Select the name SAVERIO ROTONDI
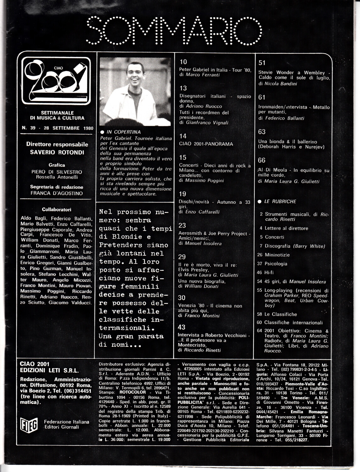coord(57,152)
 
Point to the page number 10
coord(183,62)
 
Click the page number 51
coord(262,63)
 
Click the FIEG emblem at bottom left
coord(29,424)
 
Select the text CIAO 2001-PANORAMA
coord(206,144)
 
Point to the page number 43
coord(181,327)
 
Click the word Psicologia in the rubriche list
coord(276,264)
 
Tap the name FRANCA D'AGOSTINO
coord(57,193)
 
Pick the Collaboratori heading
coord(57,210)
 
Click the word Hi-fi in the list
coord(269,273)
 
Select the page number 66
coord(262,160)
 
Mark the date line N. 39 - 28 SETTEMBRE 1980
coord(58,128)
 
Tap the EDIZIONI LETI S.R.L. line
coord(49,370)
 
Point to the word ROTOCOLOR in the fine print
coord(133,392)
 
